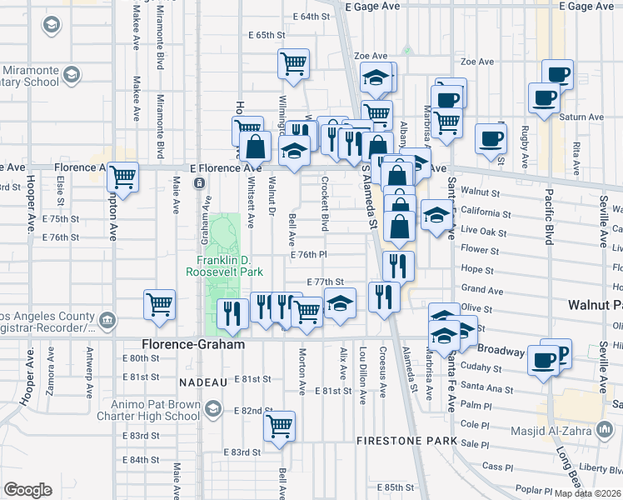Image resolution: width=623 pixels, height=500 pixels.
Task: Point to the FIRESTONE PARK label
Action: [406, 440]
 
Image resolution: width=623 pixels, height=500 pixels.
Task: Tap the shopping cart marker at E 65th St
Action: [293, 63]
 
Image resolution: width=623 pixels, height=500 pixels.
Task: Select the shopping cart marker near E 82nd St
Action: [279, 426]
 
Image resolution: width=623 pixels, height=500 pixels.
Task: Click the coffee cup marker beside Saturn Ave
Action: [544, 98]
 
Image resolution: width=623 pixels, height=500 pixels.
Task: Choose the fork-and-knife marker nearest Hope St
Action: [398, 266]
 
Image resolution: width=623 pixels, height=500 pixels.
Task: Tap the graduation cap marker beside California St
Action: [436, 216]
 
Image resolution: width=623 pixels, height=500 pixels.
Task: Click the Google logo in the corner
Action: [27, 490]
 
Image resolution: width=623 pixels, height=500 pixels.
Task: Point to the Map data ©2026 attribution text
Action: [588, 493]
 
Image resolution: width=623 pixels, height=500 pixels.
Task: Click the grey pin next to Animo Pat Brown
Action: [215, 407]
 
